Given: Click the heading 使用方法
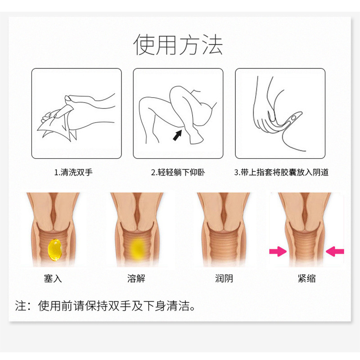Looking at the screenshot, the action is click(x=178, y=45).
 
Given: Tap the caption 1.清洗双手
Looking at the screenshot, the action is click(x=73, y=172).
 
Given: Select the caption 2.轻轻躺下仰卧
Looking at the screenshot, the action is click(x=178, y=172).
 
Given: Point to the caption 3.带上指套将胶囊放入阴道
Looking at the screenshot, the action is click(x=281, y=172).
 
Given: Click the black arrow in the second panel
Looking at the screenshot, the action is click(x=177, y=135).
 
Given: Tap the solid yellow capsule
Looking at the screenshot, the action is click(x=55, y=250).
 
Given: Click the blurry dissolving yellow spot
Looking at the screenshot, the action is click(x=138, y=249).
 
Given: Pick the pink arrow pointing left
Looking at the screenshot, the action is click(x=335, y=252).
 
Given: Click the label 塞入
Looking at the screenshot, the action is click(x=53, y=279).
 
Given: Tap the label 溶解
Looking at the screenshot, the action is click(x=136, y=279).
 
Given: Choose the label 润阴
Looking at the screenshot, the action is click(x=224, y=279).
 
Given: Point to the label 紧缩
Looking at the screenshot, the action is click(x=307, y=279).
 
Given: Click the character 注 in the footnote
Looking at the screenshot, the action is click(x=21, y=306).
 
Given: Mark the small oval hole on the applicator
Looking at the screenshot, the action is click(x=293, y=118).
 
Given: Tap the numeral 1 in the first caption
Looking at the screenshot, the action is click(x=56, y=172).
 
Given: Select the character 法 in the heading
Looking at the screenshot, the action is click(x=212, y=45).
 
